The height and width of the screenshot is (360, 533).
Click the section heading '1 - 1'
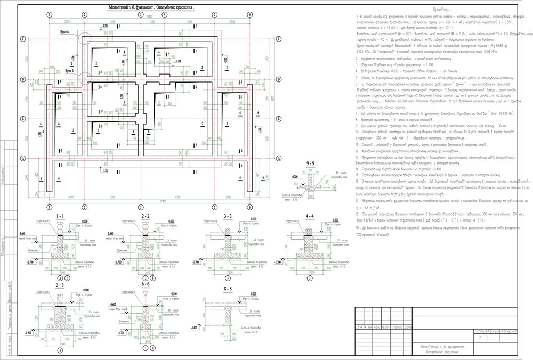click(60, 215)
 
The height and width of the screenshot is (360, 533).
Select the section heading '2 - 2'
click(145, 215)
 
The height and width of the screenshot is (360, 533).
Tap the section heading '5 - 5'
click(60, 285)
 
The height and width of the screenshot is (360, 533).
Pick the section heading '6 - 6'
click(145, 285)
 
